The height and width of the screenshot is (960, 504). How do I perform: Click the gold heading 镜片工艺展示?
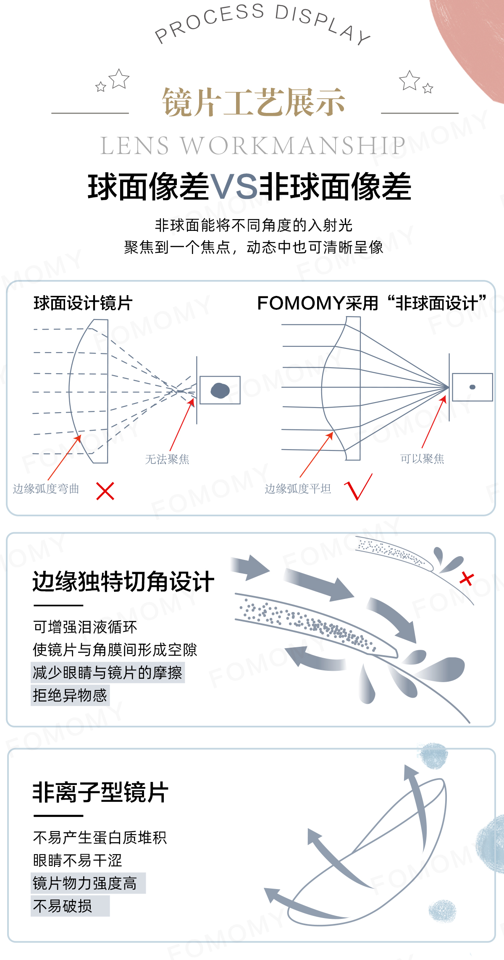(x=254, y=102)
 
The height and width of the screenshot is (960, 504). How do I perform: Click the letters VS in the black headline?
(x=234, y=187)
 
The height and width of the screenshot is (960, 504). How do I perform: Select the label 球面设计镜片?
(x=83, y=303)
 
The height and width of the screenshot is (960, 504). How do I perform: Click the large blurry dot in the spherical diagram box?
(x=220, y=390)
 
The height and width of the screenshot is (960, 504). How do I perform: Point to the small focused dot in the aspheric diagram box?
(x=472, y=387)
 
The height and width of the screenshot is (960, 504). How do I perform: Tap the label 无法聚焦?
(x=167, y=459)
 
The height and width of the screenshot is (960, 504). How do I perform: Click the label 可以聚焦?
(x=422, y=458)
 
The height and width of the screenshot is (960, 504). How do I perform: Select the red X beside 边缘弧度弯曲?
(x=105, y=491)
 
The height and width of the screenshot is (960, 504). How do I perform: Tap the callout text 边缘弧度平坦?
(x=298, y=489)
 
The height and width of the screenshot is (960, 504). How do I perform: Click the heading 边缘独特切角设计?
(x=123, y=582)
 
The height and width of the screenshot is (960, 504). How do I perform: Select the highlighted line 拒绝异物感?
(x=70, y=695)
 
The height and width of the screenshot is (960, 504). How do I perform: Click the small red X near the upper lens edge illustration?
(x=467, y=578)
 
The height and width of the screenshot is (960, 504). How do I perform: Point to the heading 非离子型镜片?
(x=101, y=793)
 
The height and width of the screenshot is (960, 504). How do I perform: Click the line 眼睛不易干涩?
(x=77, y=861)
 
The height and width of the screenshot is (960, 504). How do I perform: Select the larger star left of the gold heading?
(x=119, y=78)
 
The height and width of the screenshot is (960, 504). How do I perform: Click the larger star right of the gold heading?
(x=409, y=80)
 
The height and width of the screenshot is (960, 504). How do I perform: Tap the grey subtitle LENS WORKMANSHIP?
(x=253, y=146)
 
